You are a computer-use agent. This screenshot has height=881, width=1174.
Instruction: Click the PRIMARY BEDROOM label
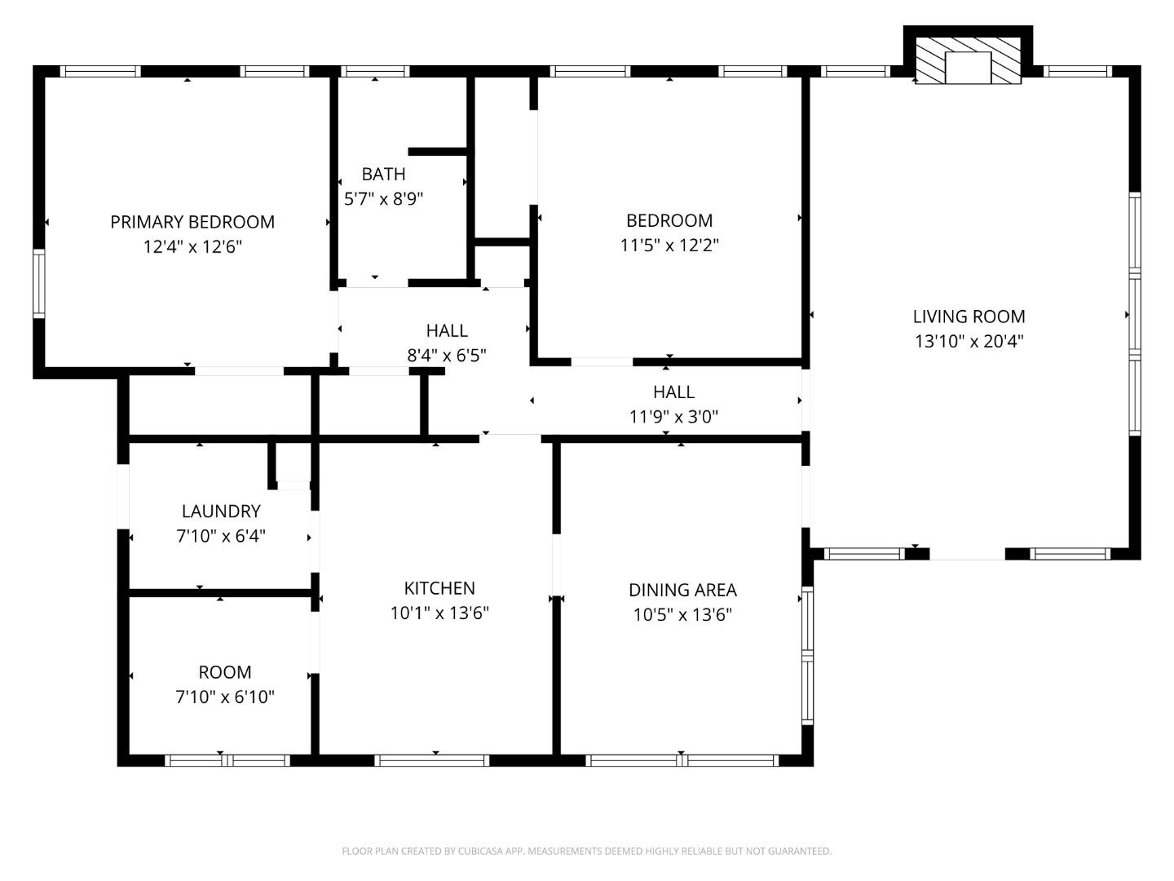[x=192, y=222]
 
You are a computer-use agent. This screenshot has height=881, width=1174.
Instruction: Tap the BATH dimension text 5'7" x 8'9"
[x=383, y=198]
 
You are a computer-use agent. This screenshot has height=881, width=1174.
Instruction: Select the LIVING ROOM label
[x=969, y=317]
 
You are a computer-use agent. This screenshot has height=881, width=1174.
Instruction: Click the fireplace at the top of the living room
[x=968, y=62]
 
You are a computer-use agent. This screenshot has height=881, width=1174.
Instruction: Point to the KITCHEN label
[x=439, y=588]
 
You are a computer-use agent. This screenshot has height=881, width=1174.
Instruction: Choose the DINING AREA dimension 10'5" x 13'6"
[x=682, y=614]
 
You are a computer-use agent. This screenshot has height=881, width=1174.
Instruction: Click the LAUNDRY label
[x=221, y=511]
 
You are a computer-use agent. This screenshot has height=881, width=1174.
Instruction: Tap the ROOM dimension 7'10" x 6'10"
[x=225, y=697]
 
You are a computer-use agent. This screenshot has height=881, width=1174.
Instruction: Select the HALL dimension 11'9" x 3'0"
[x=673, y=417]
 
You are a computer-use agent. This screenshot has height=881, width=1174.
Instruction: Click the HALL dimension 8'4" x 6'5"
[x=447, y=355]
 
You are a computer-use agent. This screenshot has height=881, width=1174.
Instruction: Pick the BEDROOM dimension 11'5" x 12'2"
[x=669, y=245]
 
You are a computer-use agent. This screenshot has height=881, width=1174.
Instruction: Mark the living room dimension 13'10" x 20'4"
[x=969, y=341]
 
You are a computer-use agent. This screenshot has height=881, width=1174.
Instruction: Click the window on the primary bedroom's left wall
[x=38, y=283]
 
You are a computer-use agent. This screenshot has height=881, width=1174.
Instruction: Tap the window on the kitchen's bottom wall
[x=432, y=760]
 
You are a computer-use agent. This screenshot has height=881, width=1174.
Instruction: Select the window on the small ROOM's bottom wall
[x=227, y=760]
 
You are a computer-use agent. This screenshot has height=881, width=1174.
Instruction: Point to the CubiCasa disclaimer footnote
[x=586, y=851]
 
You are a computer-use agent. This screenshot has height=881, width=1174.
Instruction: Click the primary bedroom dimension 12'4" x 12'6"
[x=192, y=246]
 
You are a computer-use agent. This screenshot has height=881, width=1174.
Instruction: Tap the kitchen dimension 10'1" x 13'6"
[x=439, y=613]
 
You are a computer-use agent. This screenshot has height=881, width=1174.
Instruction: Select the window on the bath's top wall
[x=374, y=72]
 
